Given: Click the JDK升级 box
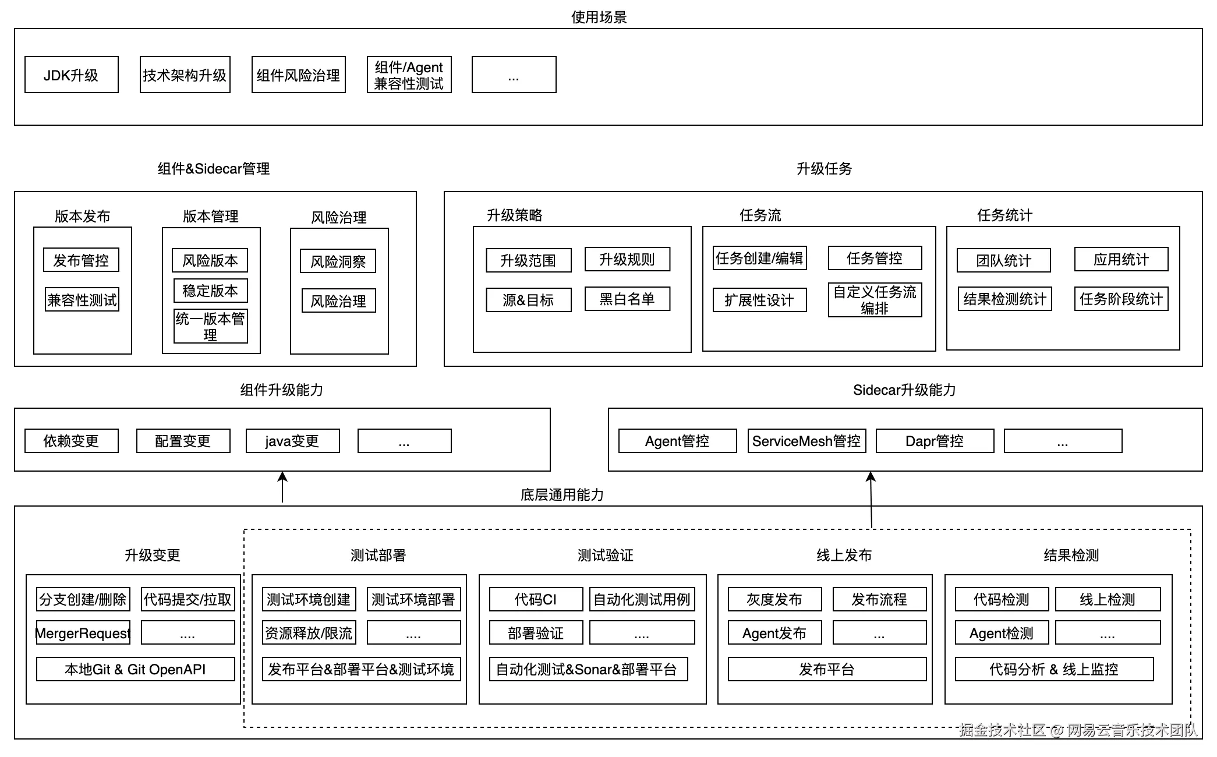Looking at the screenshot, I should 71,75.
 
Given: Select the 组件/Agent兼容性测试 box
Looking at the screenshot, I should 409,75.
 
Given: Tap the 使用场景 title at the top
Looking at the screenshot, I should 599,17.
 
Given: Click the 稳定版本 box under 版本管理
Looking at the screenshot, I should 210,291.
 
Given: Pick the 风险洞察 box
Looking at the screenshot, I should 338,261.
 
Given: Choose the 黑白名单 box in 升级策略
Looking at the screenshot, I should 627,299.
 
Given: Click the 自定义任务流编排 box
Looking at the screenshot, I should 875,300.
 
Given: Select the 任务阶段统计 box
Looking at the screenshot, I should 1121,299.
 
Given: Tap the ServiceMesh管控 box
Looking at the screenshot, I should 806,441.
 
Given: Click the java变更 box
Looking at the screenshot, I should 292,441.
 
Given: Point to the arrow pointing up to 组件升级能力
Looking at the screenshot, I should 282,486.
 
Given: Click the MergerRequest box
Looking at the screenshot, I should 83,633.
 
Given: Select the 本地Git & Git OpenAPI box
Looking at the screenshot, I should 135,669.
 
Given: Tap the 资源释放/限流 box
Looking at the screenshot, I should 309,633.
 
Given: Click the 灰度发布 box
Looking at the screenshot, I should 774,599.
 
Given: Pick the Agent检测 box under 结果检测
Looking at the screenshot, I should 1002,633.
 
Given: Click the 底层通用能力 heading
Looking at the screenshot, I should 562,495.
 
